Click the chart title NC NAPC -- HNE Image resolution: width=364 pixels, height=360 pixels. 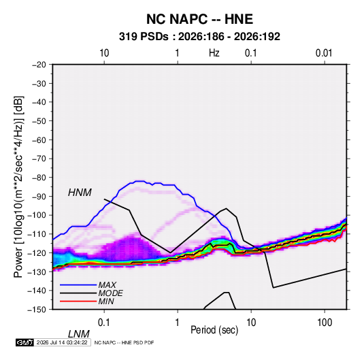point(199,19)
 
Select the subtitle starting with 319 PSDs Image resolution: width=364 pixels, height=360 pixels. point(199,37)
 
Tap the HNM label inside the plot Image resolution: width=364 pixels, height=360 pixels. point(80,193)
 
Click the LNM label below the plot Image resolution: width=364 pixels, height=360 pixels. point(78,334)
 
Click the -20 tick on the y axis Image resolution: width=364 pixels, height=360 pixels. point(39,65)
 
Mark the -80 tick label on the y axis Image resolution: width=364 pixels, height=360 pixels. point(39,178)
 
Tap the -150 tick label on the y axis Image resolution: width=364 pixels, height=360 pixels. point(37,310)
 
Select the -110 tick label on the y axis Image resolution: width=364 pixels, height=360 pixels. point(37,234)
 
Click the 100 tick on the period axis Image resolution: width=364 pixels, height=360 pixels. point(325,323)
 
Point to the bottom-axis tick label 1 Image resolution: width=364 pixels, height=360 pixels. point(177,323)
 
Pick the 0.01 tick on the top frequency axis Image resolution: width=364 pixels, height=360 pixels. point(324,53)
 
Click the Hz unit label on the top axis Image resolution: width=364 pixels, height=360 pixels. point(214,53)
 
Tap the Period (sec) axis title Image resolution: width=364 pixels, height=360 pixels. point(214,330)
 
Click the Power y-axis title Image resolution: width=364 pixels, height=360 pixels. point(18,187)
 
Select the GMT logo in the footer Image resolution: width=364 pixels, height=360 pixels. point(25,342)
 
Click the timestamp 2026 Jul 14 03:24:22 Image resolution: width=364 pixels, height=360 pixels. point(62,342)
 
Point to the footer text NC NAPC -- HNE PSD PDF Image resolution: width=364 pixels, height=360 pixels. point(124,342)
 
